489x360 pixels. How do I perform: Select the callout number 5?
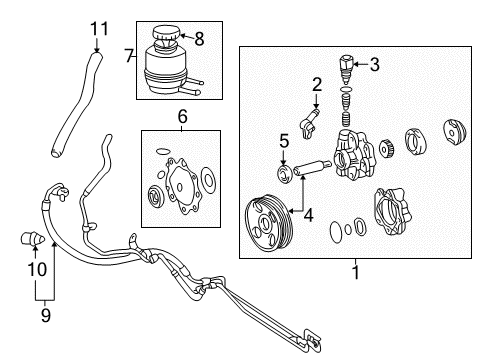pyautogui.click(x=283, y=141)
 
